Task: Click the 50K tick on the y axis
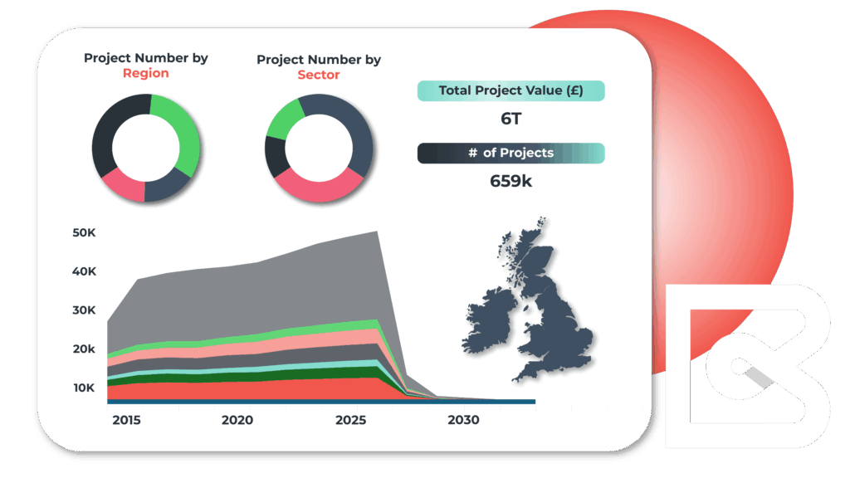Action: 85,233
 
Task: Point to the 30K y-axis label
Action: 85,310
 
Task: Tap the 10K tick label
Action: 85,388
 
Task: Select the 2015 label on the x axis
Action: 126,421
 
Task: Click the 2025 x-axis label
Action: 352,421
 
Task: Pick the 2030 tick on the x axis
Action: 463,421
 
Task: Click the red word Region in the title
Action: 145,73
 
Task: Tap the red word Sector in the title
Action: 319,75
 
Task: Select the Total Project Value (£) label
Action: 510,90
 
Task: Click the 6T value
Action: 510,119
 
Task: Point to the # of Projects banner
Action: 510,153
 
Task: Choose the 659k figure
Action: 510,180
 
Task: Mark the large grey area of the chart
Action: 249,299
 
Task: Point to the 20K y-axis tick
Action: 85,349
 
